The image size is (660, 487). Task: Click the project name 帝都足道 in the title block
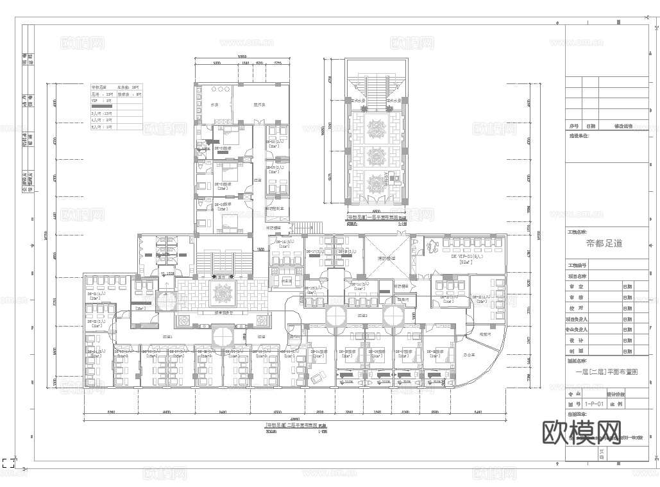(604, 243)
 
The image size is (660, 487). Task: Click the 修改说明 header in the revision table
(623, 126)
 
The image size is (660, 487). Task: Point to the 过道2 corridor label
(362, 316)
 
